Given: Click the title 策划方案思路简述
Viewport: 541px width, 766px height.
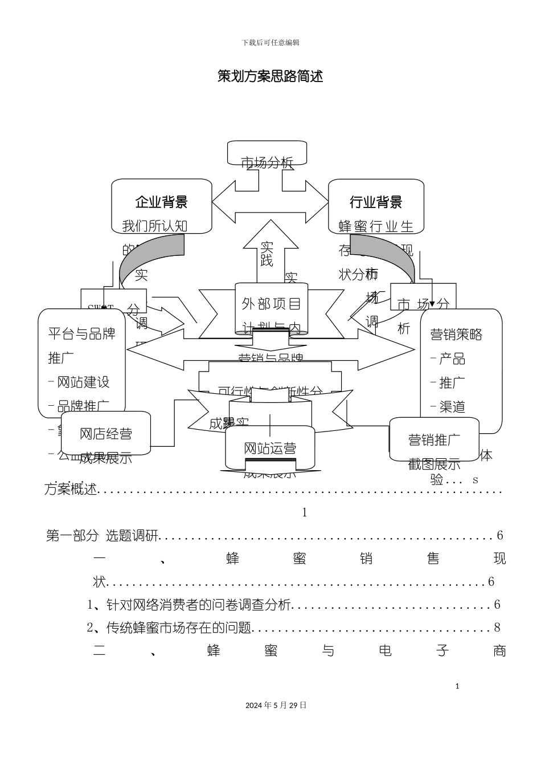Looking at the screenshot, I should [270, 76].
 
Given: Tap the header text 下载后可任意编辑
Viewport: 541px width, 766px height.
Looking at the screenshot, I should [270, 43].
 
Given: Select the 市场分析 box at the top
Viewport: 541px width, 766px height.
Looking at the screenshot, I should [267, 162].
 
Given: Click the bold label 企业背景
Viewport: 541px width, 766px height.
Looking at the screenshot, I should [161, 202].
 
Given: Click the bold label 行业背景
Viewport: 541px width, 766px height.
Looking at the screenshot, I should [376, 202].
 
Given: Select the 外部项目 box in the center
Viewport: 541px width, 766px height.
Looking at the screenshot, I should [271, 304].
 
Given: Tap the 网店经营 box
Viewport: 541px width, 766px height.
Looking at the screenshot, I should [105, 434].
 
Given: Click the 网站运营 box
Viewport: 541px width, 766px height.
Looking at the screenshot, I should [270, 448].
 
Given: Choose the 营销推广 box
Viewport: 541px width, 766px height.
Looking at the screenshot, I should [434, 439].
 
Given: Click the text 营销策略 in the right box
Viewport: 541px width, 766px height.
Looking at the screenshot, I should [456, 335].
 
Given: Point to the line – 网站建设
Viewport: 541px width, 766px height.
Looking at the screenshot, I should [79, 382].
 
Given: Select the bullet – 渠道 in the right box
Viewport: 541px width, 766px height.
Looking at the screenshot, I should [448, 406].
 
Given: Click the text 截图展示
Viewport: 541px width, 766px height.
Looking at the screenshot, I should [434, 465].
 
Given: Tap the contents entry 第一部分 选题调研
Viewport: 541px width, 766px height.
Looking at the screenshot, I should [102, 536].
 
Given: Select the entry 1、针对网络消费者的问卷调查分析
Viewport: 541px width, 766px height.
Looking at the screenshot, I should [189, 605].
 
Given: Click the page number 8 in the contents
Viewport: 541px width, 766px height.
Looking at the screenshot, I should [497, 628].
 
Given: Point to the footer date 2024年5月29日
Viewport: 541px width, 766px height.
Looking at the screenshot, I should [276, 705].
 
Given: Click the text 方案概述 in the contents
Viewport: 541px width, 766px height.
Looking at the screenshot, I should [71, 489].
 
